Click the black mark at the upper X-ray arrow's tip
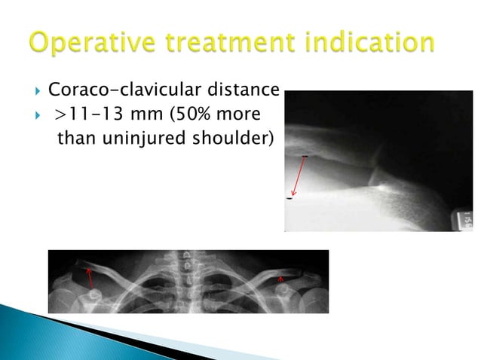(x=290, y=198)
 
